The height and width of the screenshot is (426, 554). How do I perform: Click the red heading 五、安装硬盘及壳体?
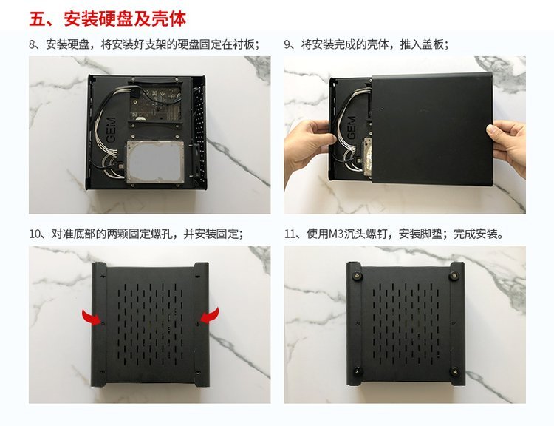[107, 18]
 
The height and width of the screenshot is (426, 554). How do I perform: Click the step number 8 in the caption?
[33, 45]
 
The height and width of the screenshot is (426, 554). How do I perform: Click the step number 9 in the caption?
[287, 45]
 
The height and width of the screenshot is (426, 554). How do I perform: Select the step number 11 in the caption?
[290, 234]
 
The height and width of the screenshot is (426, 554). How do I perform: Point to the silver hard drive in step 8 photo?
[155, 163]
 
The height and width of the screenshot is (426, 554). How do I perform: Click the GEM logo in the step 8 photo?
[111, 130]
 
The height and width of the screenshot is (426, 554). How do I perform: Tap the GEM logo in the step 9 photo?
[351, 128]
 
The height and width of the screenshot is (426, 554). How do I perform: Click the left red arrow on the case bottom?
[92, 317]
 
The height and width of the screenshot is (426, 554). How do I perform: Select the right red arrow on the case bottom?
[208, 316]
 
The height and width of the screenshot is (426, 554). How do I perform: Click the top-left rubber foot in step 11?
[356, 276]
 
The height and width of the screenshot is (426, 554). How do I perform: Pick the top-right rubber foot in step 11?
[454, 276]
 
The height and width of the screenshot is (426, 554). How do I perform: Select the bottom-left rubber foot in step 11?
[358, 372]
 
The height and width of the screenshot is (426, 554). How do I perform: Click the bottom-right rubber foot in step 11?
[454, 372]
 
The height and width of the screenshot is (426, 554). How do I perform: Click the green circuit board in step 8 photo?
[156, 102]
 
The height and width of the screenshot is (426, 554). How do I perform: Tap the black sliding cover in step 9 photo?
[432, 129]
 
